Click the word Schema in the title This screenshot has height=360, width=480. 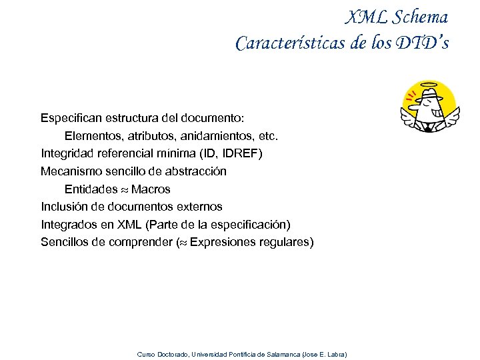pos(419,17)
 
